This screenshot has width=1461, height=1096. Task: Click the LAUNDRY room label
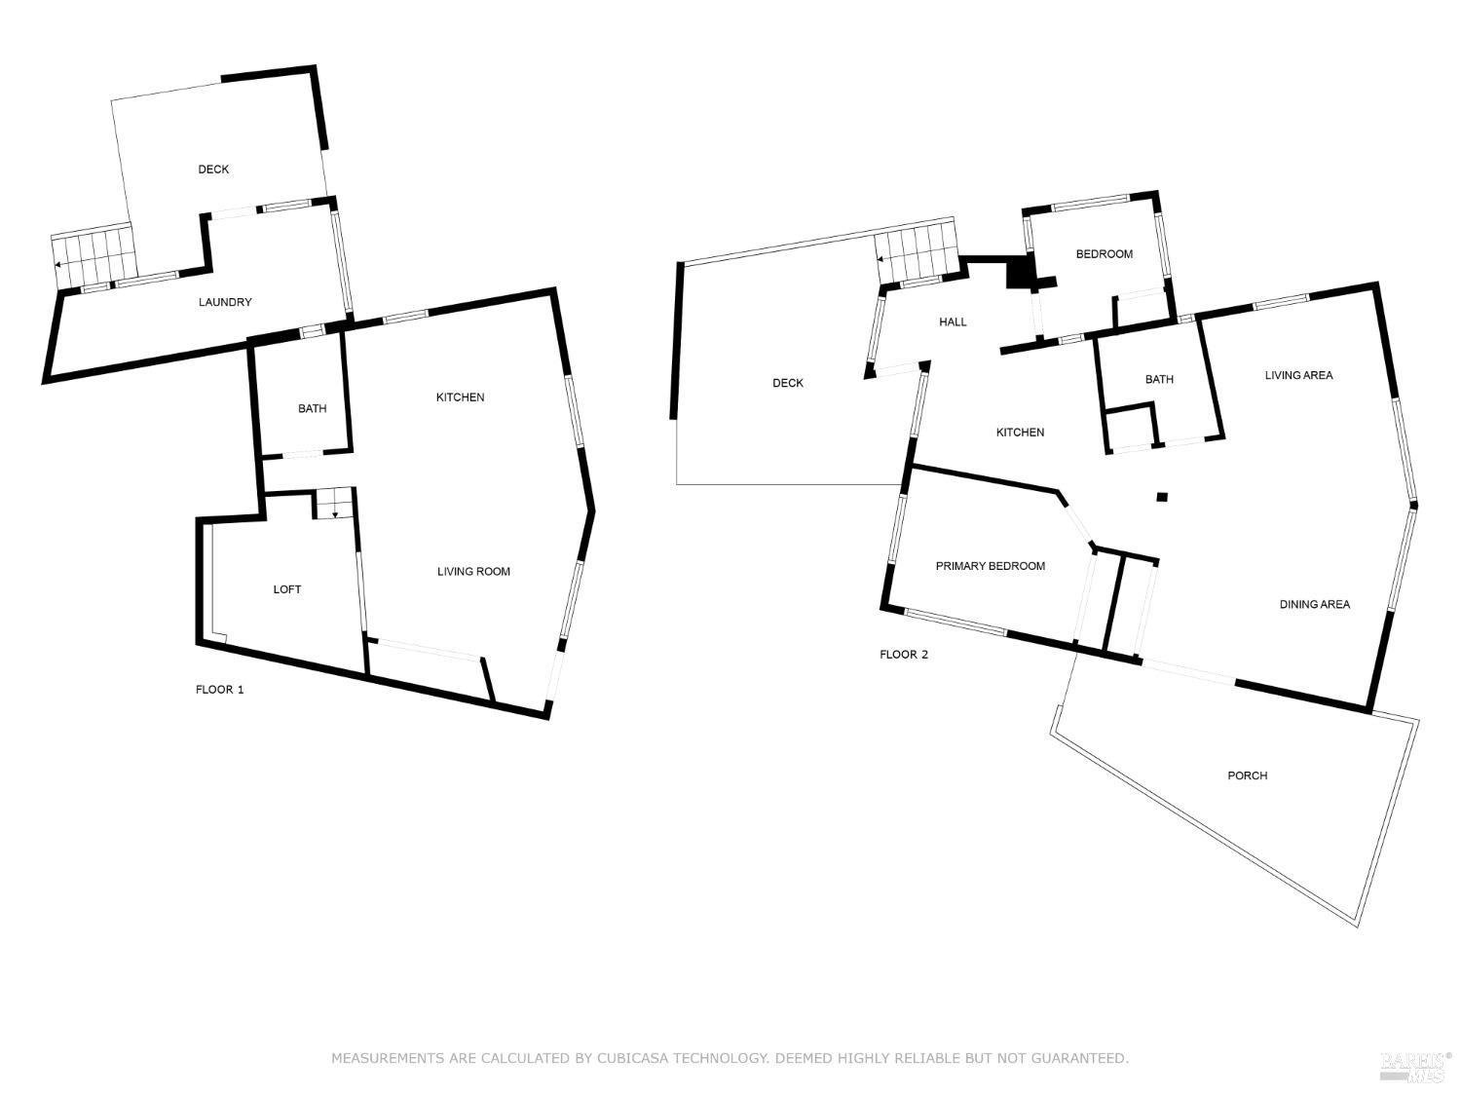click(225, 302)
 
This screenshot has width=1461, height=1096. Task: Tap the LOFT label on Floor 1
click(287, 589)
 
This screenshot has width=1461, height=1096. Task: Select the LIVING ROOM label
click(473, 571)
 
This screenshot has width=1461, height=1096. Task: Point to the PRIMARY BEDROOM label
click(990, 566)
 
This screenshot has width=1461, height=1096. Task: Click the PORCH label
click(1247, 775)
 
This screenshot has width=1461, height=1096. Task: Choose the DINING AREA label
click(1314, 604)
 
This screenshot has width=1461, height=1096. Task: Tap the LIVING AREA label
click(1298, 375)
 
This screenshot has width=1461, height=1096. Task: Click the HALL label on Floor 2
click(953, 322)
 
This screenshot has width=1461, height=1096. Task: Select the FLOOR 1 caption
click(220, 690)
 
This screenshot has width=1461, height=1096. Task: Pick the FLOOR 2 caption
click(903, 654)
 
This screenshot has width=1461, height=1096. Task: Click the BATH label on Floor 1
click(313, 408)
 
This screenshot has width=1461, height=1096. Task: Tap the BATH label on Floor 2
click(1159, 379)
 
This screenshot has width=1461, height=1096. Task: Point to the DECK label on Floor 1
click(213, 170)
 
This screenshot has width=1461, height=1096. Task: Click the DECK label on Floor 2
click(787, 383)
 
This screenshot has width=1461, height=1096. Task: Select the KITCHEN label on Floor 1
click(460, 397)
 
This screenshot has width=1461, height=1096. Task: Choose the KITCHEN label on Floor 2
click(1020, 433)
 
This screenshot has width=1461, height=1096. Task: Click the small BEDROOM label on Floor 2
click(1104, 254)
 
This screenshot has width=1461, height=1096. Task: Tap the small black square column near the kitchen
click(1161, 497)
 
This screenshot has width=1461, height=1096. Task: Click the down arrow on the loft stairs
click(335, 513)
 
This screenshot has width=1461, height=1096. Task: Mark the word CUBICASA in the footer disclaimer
click(636, 1057)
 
